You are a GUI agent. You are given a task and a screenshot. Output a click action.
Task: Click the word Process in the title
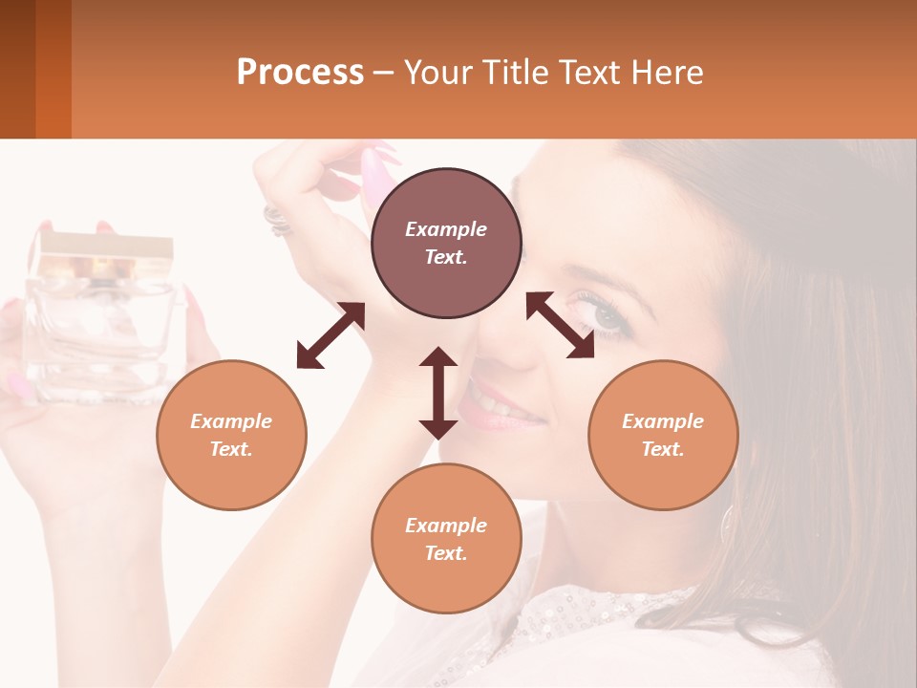pyautogui.click(x=300, y=73)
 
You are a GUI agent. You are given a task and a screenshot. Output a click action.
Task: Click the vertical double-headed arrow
pyautogui.click(x=438, y=393)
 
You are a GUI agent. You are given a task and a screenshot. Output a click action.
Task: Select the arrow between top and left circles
pyautogui.click(x=331, y=335)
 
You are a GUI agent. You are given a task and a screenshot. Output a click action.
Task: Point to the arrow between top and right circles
pyautogui.click(x=560, y=325)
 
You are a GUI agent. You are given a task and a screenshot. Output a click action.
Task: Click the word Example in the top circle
pyautogui.click(x=446, y=229)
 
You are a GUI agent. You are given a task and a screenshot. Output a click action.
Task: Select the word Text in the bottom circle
pyautogui.click(x=446, y=553)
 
